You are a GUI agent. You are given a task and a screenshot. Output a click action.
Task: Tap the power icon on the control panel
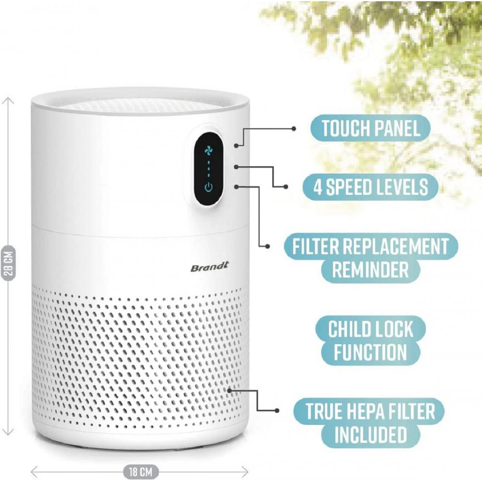click(x=208, y=187)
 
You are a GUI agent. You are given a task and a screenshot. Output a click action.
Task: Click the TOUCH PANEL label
click(x=370, y=128)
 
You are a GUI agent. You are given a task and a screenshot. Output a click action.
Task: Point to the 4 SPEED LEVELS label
click(x=370, y=186)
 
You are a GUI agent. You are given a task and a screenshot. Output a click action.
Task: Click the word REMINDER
click(x=370, y=270)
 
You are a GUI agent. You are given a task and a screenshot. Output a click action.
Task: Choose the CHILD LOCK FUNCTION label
click(x=370, y=341)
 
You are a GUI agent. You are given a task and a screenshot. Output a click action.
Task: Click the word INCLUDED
click(x=370, y=435)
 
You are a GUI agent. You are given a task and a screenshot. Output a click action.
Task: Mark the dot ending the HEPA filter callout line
click(x=277, y=410)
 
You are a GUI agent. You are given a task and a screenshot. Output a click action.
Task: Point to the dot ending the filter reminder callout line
click(x=267, y=246)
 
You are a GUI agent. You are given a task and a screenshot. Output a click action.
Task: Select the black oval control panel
click(x=208, y=168)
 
